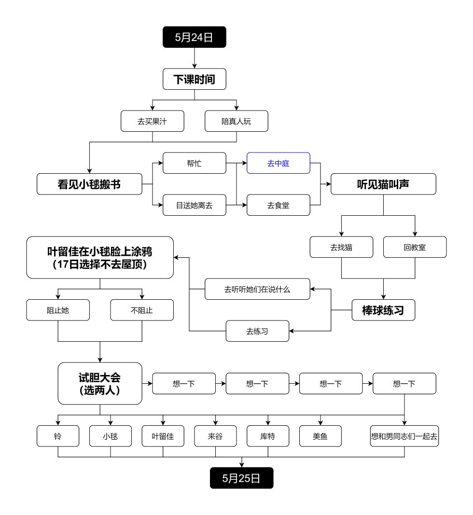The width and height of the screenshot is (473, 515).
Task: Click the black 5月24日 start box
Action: point(194,37)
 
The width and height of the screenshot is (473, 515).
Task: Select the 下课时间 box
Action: point(194,79)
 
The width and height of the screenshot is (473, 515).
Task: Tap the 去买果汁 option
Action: point(153,121)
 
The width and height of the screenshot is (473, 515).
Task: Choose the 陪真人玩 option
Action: point(236,121)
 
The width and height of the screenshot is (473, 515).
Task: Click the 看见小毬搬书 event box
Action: point(89,184)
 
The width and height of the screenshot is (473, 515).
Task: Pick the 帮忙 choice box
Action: point(195,163)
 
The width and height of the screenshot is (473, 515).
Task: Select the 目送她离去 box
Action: point(195,205)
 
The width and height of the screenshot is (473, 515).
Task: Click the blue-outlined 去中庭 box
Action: point(278,163)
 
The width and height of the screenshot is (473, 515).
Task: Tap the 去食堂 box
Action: point(278,205)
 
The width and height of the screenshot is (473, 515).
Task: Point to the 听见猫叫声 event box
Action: point(383,184)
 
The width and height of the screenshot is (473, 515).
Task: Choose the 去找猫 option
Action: point(342,247)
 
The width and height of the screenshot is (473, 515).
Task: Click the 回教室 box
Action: point(415,247)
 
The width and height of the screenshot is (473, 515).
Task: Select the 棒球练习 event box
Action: point(383,310)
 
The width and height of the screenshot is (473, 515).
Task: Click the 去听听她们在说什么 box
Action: point(257,289)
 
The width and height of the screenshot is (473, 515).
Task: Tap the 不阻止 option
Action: point(142,310)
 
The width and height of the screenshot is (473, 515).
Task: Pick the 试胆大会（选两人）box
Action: point(100,383)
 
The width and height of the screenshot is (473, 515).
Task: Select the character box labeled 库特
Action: point(268,436)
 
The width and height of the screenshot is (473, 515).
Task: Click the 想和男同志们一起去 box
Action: point(404,436)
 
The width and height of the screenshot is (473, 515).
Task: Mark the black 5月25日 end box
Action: point(241,478)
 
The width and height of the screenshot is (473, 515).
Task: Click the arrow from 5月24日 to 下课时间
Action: point(194,57)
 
